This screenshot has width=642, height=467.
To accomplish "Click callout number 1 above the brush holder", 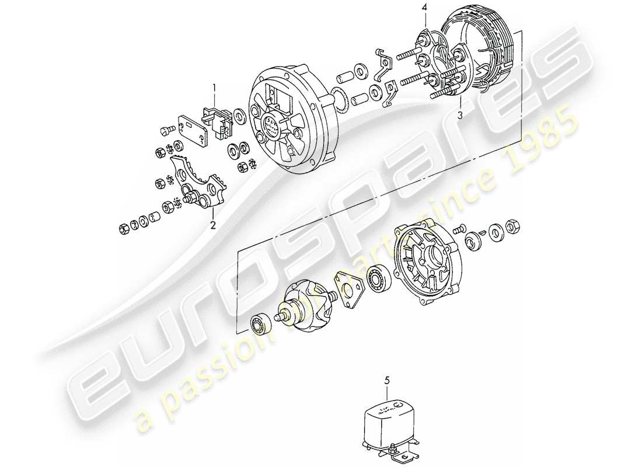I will tap(214, 88).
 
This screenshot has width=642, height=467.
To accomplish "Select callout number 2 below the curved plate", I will tap(212, 224).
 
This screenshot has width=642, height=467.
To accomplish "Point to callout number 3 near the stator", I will tap(460, 116).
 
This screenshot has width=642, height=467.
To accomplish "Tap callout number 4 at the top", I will tap(425, 8).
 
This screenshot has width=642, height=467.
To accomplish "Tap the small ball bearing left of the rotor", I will tap(260, 321).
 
